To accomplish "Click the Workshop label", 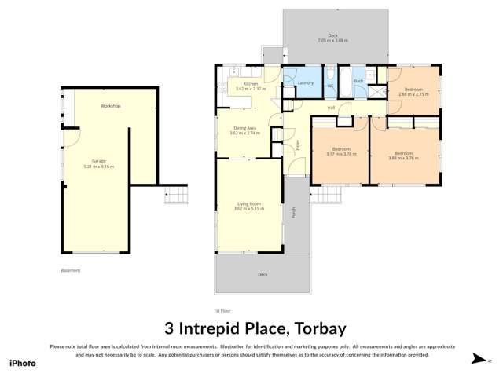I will point(110,105).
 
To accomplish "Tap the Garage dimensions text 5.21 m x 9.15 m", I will point(98,167).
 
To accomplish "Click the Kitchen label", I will point(250,83).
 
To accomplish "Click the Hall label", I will point(331,108).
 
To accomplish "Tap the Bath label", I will point(358,81).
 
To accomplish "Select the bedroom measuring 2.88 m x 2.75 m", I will point(413,93).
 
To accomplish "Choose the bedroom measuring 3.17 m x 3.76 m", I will point(341,154).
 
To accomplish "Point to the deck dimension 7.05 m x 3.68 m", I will point(332,40).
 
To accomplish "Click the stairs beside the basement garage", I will point(176,196).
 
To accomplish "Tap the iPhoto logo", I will point(22,363).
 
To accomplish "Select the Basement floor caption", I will point(71,270).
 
